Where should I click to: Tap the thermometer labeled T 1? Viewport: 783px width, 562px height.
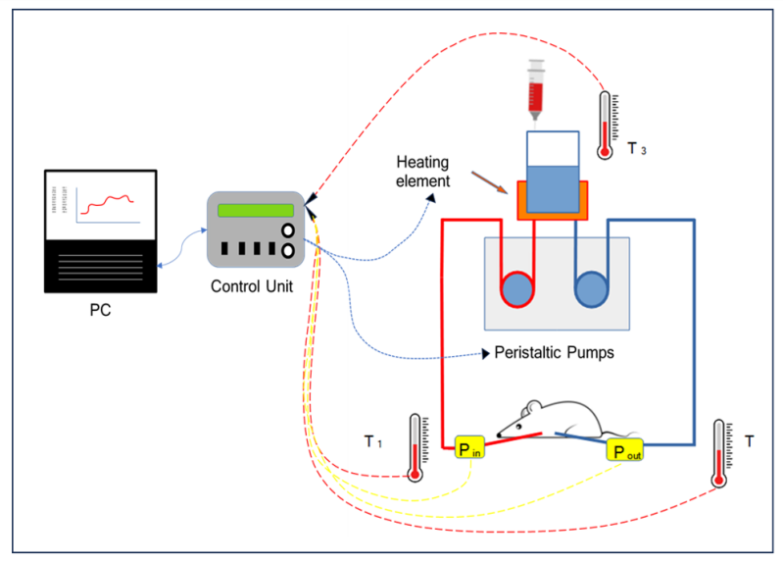click(x=416, y=447)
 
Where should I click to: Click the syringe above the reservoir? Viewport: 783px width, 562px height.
click(x=535, y=89)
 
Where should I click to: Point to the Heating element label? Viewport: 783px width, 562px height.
click(x=424, y=170)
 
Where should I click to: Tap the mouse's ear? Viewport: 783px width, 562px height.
click(x=531, y=406)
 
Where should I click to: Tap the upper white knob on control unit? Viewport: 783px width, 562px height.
click(x=289, y=230)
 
